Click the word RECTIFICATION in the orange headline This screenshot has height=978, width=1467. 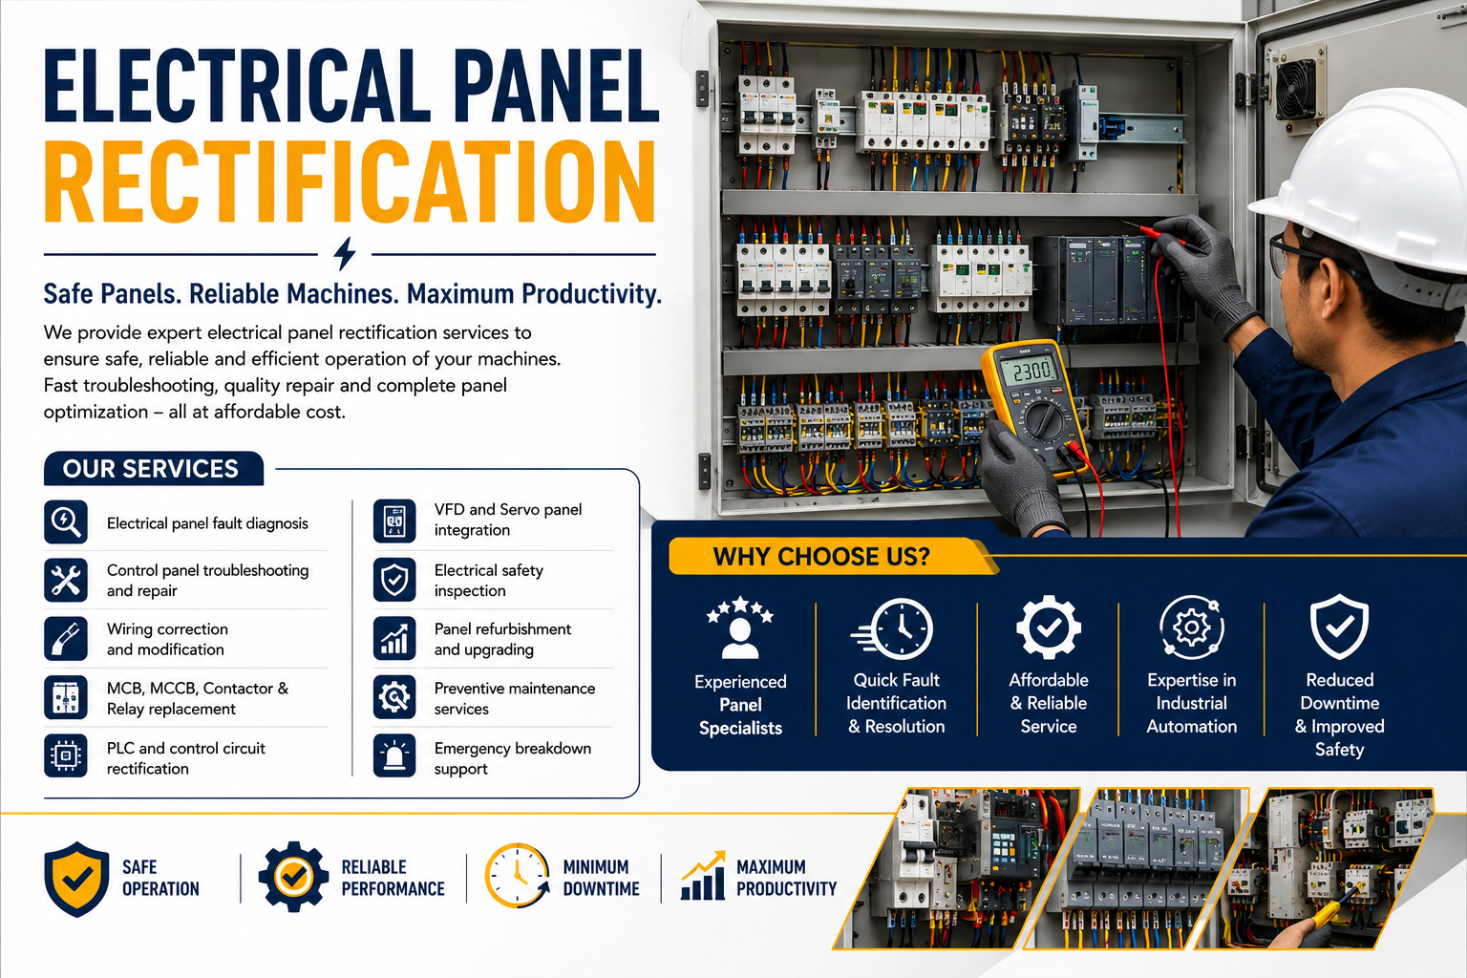[x=350, y=182]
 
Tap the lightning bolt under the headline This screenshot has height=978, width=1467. [x=345, y=253]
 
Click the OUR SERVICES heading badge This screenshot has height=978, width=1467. [x=153, y=468]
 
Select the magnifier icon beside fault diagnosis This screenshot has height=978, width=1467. [x=66, y=522]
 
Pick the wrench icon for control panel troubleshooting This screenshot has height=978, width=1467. [x=66, y=581]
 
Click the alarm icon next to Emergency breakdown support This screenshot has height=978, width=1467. [x=394, y=755]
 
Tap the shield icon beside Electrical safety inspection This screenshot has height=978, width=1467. [x=394, y=580]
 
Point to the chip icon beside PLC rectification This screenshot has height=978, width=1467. [x=66, y=755]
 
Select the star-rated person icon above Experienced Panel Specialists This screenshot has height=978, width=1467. [x=740, y=627]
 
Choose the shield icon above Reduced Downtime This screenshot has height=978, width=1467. [x=1339, y=627]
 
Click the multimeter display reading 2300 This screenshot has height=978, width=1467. [x=1032, y=372]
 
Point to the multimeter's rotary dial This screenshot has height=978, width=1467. [x=1044, y=417]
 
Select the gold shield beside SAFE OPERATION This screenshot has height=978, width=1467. [x=76, y=879]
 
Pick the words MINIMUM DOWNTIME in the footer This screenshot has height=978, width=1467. [x=601, y=878]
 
